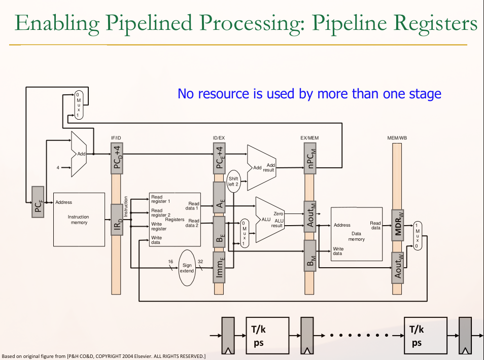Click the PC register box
click(38, 202)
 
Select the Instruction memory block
click(79, 219)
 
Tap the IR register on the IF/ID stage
click(117, 219)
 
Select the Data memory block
click(356, 234)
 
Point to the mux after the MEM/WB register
click(418, 235)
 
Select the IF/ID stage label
click(117, 138)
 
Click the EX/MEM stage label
click(309, 138)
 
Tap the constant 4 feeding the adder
click(58, 167)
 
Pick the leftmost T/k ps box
click(267, 336)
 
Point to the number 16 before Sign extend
click(171, 262)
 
